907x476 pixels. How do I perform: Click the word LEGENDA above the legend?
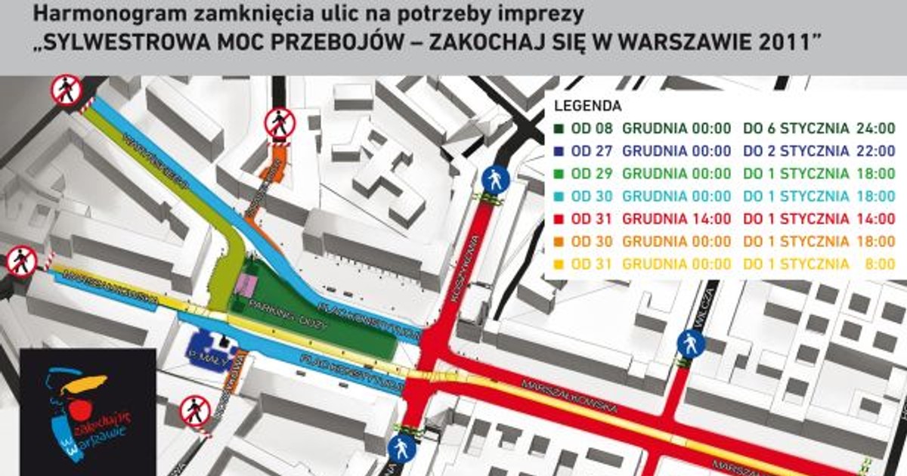click(x=587, y=106)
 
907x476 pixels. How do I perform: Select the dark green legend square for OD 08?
click(x=560, y=128)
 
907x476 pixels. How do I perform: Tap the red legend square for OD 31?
click(x=560, y=219)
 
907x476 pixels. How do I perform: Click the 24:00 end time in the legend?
click(x=875, y=128)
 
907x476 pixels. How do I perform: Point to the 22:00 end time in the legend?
click(x=875, y=151)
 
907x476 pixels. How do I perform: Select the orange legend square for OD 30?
click(x=560, y=242)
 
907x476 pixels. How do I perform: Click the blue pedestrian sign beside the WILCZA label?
click(x=691, y=345)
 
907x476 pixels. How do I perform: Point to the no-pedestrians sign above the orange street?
click(x=280, y=123)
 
